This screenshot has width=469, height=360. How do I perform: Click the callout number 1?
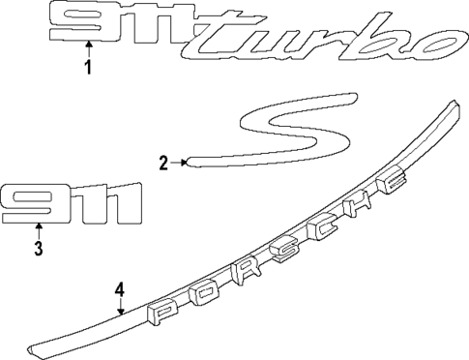point(88,68)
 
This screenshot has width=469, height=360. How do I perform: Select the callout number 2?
point(164,162)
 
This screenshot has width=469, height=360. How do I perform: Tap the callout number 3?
point(39,251)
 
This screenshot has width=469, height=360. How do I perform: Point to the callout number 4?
point(119,288)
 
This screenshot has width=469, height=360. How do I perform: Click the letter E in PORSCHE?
point(393,183)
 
